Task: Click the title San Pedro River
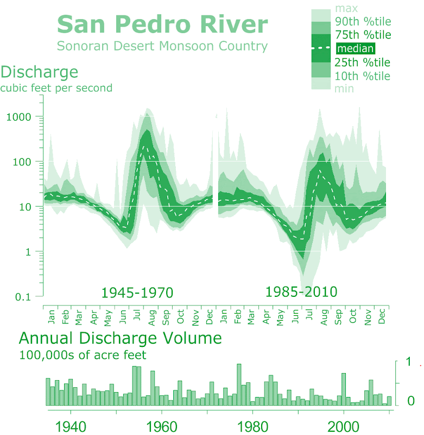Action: click(x=162, y=25)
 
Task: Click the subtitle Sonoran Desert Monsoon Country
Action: click(x=162, y=46)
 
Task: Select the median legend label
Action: click(x=356, y=49)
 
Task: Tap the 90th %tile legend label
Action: click(x=363, y=22)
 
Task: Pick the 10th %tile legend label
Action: click(x=363, y=76)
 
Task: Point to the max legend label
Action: click(x=346, y=9)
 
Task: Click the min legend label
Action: click(x=344, y=88)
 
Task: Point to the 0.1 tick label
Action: click(x=22, y=296)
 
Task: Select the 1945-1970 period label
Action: click(x=137, y=293)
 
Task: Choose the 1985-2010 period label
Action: click(x=301, y=292)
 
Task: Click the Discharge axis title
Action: click(x=40, y=72)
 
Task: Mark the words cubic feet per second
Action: click(x=56, y=88)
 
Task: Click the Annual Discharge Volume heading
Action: click(x=121, y=338)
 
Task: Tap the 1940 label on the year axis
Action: click(x=71, y=425)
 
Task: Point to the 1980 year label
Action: click(x=252, y=425)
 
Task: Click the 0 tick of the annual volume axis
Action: click(x=411, y=401)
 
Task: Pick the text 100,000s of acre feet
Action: click(x=83, y=356)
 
